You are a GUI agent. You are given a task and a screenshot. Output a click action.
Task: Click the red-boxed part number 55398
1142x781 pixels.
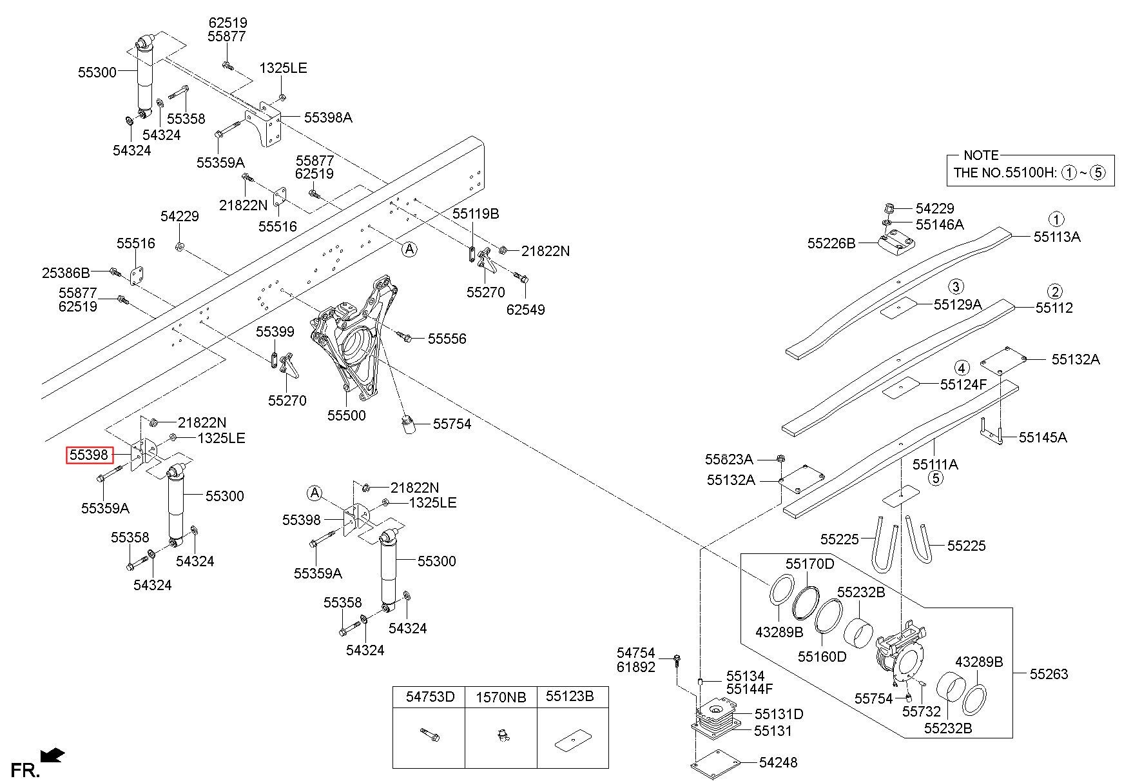89,456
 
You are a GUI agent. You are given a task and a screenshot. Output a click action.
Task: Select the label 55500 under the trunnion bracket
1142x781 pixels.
346,415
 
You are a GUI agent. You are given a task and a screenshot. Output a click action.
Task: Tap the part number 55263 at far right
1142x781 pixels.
1049,674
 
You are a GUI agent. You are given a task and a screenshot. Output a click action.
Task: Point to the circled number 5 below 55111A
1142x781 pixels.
935,478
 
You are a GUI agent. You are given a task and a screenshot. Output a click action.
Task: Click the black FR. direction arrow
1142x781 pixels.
52,754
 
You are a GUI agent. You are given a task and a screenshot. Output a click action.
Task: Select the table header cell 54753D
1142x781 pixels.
430,697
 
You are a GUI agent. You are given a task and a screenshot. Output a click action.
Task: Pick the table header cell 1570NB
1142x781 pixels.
501,697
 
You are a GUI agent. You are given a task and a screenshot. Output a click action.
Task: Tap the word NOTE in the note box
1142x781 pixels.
981,155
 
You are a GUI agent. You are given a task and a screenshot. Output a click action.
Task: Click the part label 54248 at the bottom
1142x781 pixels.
778,762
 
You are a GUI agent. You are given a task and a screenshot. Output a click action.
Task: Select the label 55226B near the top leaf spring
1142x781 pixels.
831,243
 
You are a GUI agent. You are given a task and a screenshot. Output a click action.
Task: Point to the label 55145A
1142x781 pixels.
1043,437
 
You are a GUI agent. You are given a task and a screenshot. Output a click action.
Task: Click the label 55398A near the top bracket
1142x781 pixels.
328,117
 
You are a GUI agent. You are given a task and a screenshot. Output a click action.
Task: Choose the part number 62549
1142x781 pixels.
525,310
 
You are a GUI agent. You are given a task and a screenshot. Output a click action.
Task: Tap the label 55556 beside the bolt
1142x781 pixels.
447,339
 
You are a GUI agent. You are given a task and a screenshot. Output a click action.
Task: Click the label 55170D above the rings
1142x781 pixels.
809,564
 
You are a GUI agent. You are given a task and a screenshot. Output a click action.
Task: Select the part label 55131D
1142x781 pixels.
779,714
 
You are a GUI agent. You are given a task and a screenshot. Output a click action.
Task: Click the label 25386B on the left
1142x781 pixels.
66,273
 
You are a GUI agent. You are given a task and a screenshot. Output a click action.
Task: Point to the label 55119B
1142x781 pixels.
475,213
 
